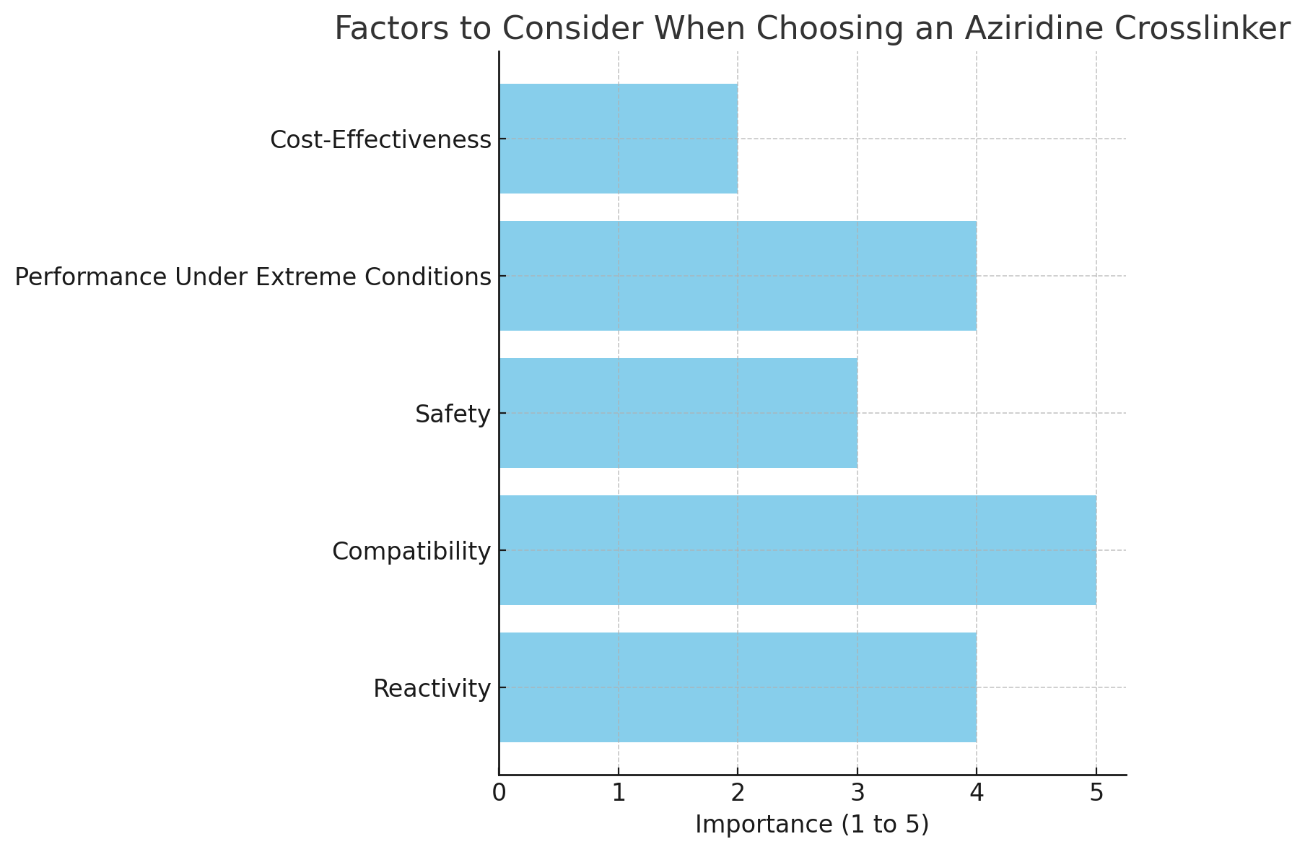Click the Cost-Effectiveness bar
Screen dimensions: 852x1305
click(x=618, y=139)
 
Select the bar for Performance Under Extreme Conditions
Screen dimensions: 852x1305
click(x=738, y=276)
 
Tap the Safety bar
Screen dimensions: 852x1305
click(x=678, y=413)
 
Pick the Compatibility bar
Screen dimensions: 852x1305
click(x=798, y=550)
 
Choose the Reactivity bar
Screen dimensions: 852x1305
click(x=738, y=687)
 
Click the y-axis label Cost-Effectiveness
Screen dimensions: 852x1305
click(x=380, y=140)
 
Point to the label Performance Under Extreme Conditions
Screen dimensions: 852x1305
click(x=253, y=277)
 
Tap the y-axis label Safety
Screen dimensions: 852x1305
click(x=453, y=414)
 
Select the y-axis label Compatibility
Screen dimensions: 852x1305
click(x=411, y=552)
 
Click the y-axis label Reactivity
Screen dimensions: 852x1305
click(x=432, y=689)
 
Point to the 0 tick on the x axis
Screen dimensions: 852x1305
click(x=499, y=794)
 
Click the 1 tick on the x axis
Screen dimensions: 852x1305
click(x=619, y=794)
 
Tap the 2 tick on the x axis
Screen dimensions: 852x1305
click(x=738, y=794)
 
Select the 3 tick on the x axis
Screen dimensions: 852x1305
click(x=857, y=794)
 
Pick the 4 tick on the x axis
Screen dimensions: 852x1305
click(x=977, y=794)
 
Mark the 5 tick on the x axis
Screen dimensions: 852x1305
click(x=1096, y=794)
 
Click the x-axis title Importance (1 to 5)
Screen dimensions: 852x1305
click(x=812, y=825)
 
